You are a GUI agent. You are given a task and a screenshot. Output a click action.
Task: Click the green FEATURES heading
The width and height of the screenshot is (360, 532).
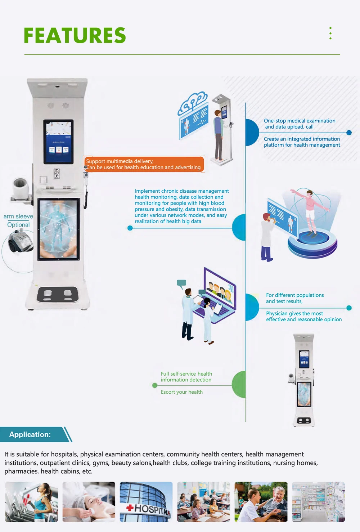tap(75, 35)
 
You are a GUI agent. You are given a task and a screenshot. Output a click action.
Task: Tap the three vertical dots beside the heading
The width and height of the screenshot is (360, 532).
tap(330, 33)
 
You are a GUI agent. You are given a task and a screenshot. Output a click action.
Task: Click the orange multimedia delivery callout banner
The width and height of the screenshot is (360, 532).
tap(144, 164)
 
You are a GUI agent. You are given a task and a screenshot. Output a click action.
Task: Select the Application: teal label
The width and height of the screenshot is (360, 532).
tap(30, 434)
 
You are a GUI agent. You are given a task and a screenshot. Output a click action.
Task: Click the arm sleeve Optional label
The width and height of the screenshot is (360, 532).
tap(18, 220)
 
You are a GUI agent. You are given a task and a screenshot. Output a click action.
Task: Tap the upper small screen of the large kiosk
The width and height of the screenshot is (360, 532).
tap(58, 141)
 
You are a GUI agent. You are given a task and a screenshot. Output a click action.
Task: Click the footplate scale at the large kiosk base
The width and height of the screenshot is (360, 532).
tap(58, 295)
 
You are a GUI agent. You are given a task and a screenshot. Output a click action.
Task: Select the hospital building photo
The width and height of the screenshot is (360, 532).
tap(146, 502)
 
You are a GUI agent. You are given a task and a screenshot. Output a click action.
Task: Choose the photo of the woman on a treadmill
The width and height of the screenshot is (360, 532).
tap(31, 502)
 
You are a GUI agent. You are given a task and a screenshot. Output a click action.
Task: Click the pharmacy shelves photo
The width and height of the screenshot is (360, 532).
tap(318, 502)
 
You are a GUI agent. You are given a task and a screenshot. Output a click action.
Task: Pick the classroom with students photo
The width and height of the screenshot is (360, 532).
tap(203, 502)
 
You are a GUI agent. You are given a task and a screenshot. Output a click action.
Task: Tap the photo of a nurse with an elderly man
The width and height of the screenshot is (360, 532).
tap(261, 502)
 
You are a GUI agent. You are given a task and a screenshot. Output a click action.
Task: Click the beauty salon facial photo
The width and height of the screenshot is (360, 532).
tap(89, 502)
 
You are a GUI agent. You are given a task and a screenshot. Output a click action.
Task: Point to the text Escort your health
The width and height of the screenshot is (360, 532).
tap(182, 392)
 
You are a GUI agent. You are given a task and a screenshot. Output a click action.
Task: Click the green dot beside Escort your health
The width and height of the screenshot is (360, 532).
tap(155, 385)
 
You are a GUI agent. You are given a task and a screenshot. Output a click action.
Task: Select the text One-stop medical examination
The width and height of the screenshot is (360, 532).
tap(300, 121)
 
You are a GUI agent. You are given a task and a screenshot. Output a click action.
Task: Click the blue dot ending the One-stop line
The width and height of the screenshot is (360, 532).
tap(349, 133)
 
